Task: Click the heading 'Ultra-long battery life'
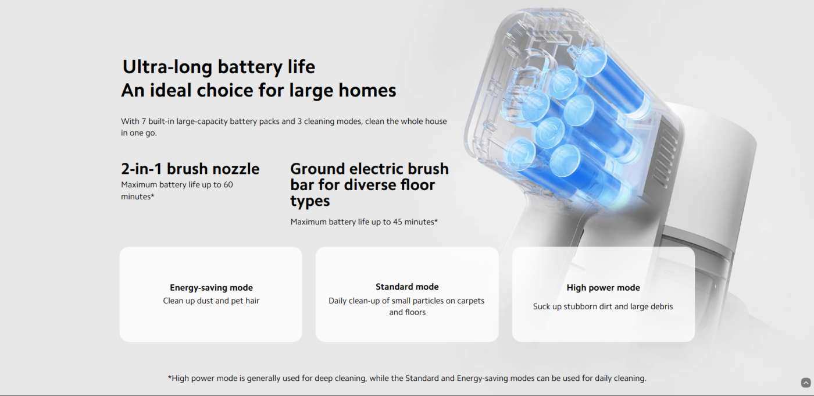[x=219, y=67]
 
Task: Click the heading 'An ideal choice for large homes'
[x=258, y=91]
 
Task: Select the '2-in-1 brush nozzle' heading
[x=190, y=169]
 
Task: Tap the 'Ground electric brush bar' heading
[x=369, y=184]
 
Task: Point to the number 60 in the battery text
[x=228, y=184]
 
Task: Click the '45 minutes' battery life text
[x=415, y=222]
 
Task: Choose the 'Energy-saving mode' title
[x=211, y=287]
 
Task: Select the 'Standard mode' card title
[x=407, y=287]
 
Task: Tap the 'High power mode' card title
[x=604, y=287]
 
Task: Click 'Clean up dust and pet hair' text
[x=211, y=301]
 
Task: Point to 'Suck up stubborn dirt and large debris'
[x=603, y=306]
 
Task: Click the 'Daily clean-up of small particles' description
[x=406, y=306]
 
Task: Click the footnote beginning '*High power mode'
[x=407, y=378]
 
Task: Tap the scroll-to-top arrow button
[x=806, y=383]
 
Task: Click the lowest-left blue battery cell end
[x=522, y=154]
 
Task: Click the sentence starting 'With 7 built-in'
[x=284, y=127]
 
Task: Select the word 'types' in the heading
[x=310, y=201]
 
